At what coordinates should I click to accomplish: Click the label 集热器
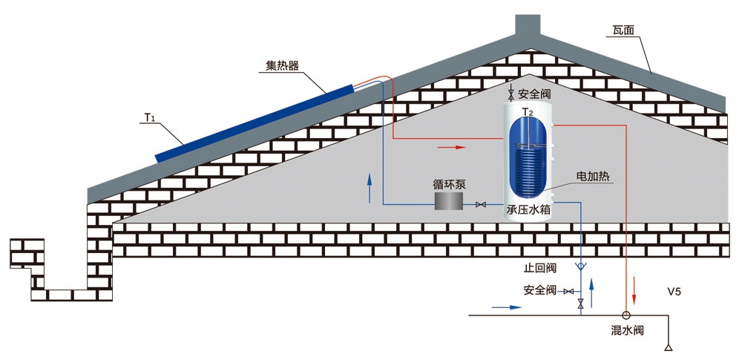(x=283, y=65)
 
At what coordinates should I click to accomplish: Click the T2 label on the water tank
(x=528, y=112)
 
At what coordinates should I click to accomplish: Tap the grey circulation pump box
(x=449, y=201)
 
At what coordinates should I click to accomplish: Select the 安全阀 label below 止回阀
(x=540, y=290)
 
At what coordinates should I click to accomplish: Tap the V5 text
(x=674, y=292)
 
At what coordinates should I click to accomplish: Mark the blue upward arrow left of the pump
(x=370, y=189)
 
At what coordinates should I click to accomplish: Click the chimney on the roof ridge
(x=528, y=27)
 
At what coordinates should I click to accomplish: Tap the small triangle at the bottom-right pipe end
(x=669, y=347)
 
